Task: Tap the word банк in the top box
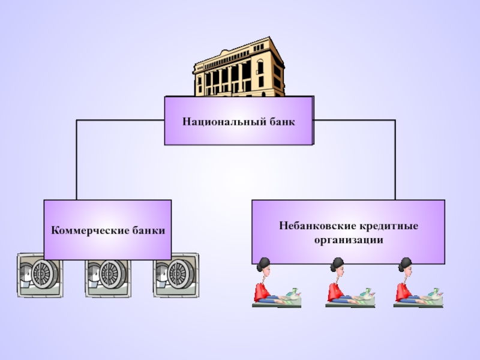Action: tap(283, 121)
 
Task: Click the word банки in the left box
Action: tap(146, 230)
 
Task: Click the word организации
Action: tap(349, 239)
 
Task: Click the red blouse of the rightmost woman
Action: tap(401, 292)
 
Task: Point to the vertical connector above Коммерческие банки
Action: tap(77, 159)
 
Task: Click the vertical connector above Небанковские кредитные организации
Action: tap(395, 159)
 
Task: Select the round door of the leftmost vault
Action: tap(44, 274)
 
